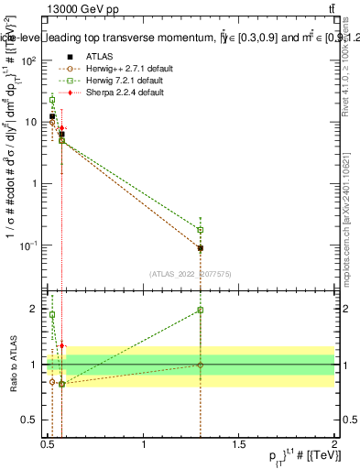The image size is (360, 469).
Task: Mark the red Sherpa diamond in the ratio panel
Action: (x=61, y=346)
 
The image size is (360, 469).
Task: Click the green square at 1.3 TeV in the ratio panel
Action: (x=201, y=311)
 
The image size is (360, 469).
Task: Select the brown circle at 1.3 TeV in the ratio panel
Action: (x=201, y=365)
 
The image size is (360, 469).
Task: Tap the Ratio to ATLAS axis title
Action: (x=13, y=365)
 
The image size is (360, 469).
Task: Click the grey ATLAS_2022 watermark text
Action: (x=191, y=273)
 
